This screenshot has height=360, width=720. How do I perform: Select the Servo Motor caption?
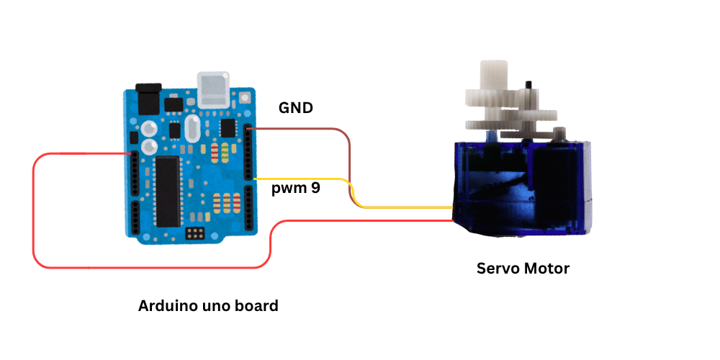pos(523,269)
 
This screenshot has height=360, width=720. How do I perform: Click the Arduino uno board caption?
pos(208,306)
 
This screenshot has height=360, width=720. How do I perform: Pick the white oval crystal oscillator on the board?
pos(193,130)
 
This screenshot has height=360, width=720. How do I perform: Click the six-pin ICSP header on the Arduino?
pos(193,234)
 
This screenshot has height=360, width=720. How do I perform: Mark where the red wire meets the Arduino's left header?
pos(131,153)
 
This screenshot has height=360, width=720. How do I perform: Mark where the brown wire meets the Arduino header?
pos(249,130)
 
